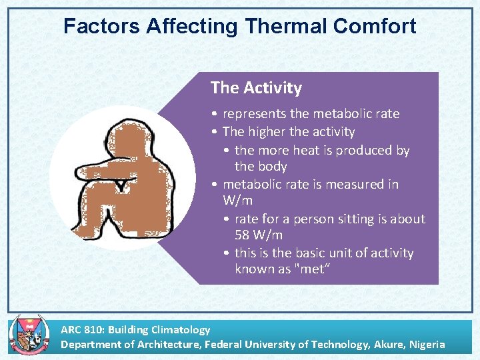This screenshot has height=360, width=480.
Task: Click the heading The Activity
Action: pyautogui.click(x=256, y=88)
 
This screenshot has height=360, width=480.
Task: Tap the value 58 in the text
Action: pyautogui.click(x=243, y=235)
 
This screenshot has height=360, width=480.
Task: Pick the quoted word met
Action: pyautogui.click(x=314, y=269)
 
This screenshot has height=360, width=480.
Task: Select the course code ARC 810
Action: pyautogui.click(x=82, y=329)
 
